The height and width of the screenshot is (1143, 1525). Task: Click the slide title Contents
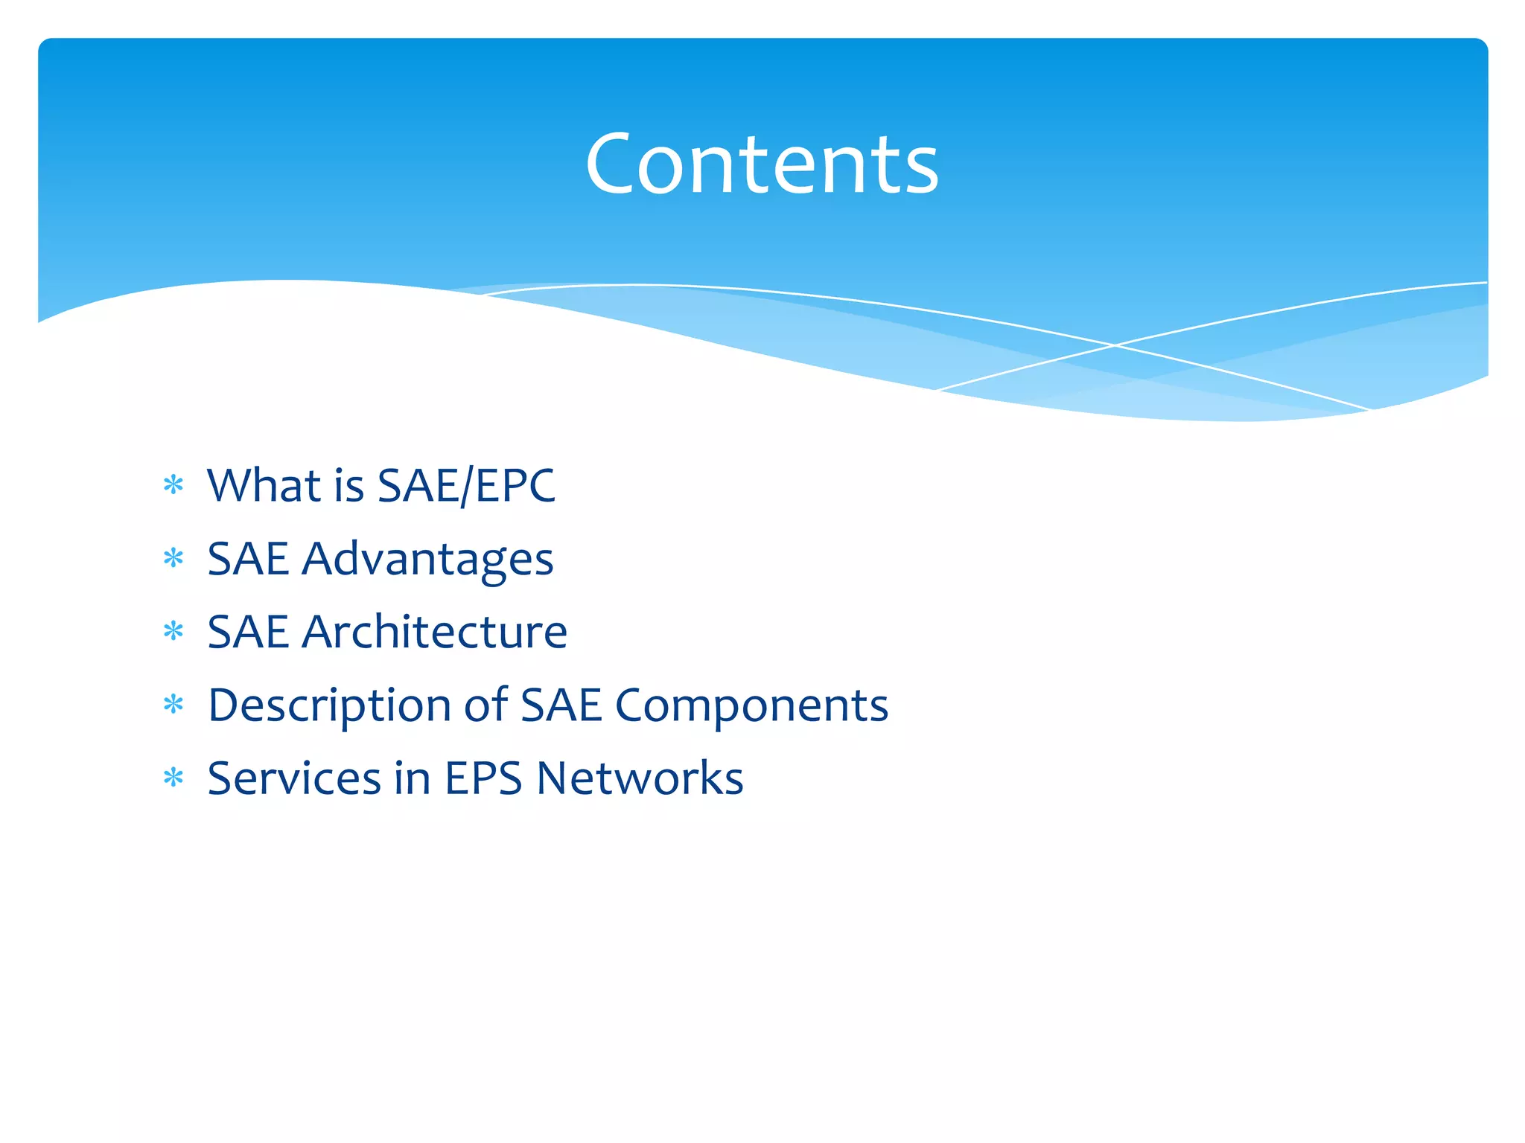pyautogui.click(x=762, y=164)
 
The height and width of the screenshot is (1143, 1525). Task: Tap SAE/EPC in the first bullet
pyautogui.click(x=466, y=485)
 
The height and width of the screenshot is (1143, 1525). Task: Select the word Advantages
pyautogui.click(x=427, y=560)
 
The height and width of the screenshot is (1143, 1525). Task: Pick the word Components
pyautogui.click(x=751, y=705)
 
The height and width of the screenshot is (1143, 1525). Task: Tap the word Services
pyautogui.click(x=294, y=778)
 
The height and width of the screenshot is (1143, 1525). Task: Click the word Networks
pyautogui.click(x=640, y=778)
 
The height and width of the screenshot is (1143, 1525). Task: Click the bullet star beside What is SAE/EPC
pyautogui.click(x=173, y=486)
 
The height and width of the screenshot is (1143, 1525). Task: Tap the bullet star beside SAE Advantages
pyautogui.click(x=173, y=558)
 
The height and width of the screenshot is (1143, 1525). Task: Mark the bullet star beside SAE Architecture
pyautogui.click(x=173, y=632)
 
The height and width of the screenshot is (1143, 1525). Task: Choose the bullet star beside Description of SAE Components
pyautogui.click(x=173, y=704)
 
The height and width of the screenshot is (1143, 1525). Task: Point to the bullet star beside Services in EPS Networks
pyautogui.click(x=173, y=778)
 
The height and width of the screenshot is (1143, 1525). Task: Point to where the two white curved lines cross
pyautogui.click(x=1114, y=345)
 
